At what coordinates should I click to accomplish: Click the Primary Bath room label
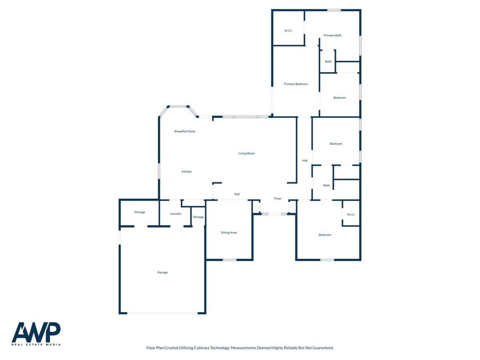tap(332, 36)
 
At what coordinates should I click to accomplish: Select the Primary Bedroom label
tap(295, 84)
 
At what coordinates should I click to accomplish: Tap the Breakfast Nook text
tap(185, 131)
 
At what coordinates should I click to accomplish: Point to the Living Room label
tap(246, 154)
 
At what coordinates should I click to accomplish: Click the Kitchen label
tap(187, 172)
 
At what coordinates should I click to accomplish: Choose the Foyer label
tap(278, 199)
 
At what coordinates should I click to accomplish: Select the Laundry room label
tap(175, 214)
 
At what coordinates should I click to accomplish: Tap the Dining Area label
tap(229, 233)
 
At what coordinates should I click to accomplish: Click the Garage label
tap(163, 273)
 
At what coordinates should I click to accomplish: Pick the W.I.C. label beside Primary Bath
tap(289, 30)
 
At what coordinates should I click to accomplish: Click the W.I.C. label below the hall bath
tap(351, 215)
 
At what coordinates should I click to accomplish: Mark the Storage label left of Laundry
tap(139, 212)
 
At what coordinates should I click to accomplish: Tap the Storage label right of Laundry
tap(198, 217)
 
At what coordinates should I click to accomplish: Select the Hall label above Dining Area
tap(237, 194)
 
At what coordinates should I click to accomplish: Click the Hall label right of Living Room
tap(305, 161)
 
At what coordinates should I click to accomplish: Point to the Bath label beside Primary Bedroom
tap(328, 62)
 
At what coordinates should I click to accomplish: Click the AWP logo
tap(36, 333)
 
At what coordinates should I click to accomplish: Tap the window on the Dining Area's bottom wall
tap(229, 260)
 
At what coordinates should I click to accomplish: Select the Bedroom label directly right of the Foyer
tap(325, 235)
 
